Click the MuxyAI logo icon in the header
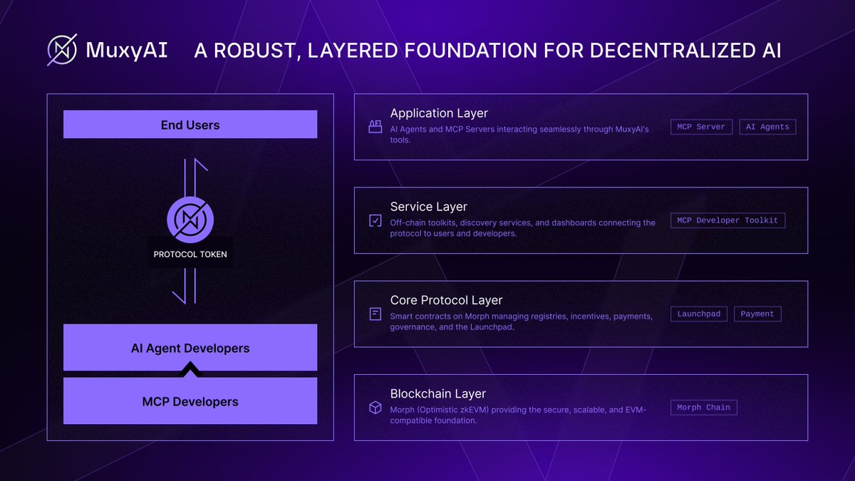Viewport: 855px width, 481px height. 62,50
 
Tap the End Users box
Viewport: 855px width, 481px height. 190,125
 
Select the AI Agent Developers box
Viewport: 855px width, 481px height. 190,348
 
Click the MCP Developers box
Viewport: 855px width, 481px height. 190,400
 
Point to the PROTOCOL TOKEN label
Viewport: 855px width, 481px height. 190,254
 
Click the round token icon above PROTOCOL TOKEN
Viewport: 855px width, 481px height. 190,219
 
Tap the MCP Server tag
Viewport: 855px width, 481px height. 701,127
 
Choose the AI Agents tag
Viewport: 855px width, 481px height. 767,127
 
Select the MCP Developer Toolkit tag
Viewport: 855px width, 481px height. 727,220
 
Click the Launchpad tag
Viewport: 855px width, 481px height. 698,314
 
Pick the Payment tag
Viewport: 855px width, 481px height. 757,314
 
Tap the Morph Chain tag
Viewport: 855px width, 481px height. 703,408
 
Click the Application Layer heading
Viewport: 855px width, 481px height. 439,113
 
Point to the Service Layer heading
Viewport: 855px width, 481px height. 428,207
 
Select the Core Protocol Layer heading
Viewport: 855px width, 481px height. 446,300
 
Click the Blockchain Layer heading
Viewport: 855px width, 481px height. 437,393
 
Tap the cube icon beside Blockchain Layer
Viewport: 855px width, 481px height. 375,408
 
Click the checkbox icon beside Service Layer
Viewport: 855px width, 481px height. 375,220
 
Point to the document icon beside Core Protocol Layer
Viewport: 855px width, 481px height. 375,314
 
